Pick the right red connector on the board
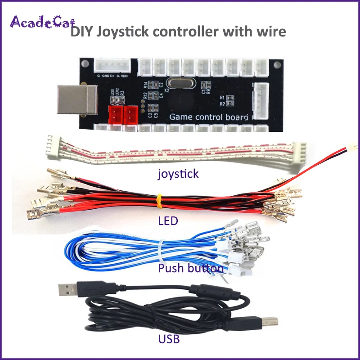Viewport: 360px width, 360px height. [130, 113]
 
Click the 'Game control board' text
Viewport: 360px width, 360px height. [208, 117]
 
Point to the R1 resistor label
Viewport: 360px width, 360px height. [222, 98]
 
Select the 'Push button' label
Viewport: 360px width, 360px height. [191, 269]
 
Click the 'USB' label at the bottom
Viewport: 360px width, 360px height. [169, 339]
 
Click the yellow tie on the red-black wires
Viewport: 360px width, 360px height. [159, 201]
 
